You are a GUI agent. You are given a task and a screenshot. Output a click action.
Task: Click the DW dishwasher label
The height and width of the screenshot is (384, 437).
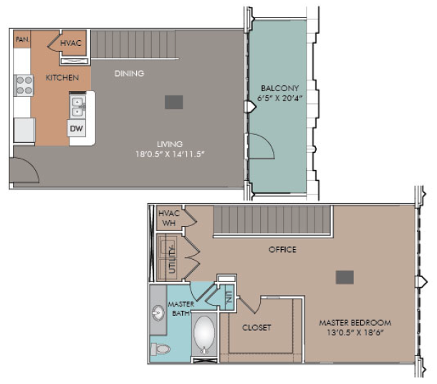tap(77, 128)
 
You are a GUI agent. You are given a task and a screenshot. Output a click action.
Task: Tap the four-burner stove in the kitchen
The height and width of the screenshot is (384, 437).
tap(24, 85)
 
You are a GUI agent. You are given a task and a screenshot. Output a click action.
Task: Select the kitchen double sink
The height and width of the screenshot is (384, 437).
tap(77, 107)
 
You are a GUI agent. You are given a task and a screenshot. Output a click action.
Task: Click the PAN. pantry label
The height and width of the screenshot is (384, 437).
tap(23, 39)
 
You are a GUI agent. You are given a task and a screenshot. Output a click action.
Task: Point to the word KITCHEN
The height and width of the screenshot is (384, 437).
tap(62, 78)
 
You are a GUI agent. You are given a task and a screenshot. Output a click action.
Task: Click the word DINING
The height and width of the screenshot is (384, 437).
tap(129, 73)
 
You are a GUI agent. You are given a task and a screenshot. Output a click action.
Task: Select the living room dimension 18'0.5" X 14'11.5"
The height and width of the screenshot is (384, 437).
tap(170, 154)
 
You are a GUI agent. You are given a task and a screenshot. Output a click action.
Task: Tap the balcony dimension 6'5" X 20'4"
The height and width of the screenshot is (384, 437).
tap(280, 98)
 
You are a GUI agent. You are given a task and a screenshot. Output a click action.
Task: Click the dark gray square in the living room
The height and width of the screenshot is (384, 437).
tap(173, 102)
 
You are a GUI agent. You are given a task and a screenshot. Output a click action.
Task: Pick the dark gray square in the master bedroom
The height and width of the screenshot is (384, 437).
tap(345, 277)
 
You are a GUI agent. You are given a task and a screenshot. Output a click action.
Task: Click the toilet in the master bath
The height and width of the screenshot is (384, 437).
tap(160, 349)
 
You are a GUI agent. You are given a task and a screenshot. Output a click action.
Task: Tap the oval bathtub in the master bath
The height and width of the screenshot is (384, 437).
tap(204, 335)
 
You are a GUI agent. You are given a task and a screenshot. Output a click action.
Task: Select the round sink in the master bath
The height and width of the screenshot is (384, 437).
tap(158, 313)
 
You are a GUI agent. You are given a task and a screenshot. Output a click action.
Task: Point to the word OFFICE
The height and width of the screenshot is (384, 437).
tap(282, 249)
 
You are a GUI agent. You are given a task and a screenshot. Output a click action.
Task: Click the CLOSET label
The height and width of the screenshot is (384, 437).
tap(256, 327)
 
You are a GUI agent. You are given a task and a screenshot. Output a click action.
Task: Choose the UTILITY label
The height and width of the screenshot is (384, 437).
tap(172, 259)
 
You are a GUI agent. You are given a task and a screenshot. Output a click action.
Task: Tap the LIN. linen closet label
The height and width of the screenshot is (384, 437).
tap(229, 297)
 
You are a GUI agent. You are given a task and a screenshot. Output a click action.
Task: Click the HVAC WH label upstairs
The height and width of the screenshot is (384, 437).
tap(169, 218)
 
